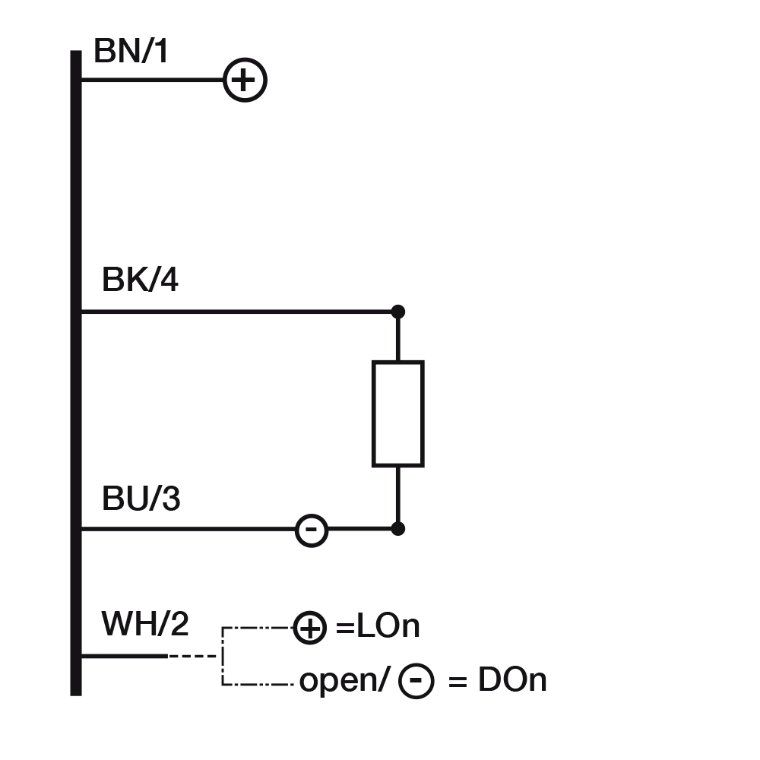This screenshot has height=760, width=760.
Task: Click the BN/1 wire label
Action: [131, 52]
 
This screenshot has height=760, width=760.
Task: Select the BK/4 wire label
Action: [141, 281]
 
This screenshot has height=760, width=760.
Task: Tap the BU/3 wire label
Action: [141, 500]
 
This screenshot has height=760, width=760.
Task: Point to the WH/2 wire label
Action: [145, 625]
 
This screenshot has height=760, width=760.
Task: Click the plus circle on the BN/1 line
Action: [245, 80]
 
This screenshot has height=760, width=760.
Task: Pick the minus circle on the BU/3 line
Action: [311, 529]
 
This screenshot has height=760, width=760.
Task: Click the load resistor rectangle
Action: [397, 413]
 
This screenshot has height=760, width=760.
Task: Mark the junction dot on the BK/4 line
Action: [397, 312]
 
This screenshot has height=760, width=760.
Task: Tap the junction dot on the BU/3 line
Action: [397, 528]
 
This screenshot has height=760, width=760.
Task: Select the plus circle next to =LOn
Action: [310, 629]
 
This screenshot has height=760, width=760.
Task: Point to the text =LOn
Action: [378, 628]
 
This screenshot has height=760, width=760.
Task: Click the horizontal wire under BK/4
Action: [236, 312]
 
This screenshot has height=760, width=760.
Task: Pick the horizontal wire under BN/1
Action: [152, 80]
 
